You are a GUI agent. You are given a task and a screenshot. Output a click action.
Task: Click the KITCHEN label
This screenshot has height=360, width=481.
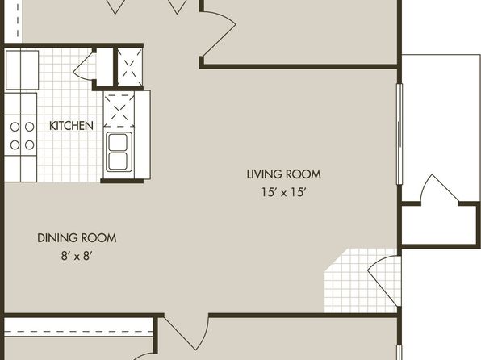click(71, 126)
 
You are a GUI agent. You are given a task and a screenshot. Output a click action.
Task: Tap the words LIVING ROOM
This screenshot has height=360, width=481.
click(284, 174)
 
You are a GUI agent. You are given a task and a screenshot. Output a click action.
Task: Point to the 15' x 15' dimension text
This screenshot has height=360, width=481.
click(284, 192)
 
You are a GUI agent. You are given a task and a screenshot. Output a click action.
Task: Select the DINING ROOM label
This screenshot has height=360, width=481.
click(77, 238)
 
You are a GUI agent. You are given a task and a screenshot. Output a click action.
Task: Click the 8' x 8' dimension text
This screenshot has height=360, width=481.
click(77, 256)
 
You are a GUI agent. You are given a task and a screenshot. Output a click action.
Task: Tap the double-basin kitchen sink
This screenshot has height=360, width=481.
click(119, 152)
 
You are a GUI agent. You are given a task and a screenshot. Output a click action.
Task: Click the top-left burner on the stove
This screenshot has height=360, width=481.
click(15, 127)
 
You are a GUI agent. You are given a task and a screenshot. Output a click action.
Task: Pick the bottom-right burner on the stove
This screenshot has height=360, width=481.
click(29, 144)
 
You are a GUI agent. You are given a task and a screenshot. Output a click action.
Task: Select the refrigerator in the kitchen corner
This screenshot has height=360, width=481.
click(22, 70)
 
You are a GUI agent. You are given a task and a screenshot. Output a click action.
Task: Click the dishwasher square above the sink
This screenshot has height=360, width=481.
click(119, 109)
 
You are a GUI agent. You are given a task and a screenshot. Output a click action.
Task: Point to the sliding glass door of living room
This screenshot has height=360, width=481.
click(399, 134)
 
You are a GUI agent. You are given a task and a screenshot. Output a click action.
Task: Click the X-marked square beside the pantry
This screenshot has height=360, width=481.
click(130, 67)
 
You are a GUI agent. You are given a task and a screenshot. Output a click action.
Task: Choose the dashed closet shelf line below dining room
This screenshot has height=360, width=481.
click(78, 332)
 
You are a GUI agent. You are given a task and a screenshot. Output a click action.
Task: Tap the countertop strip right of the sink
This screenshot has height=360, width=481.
click(142, 135)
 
